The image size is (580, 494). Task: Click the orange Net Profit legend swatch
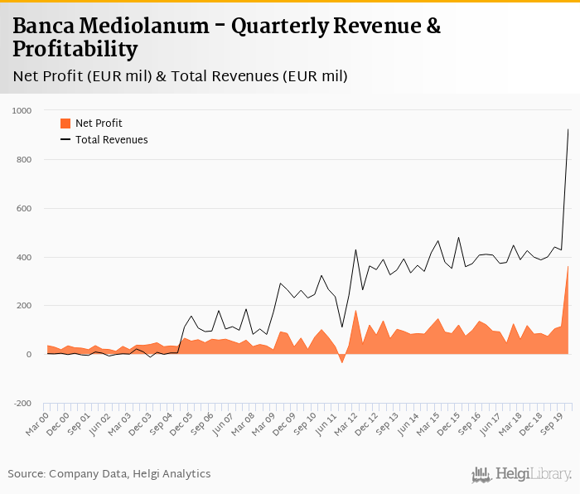65,123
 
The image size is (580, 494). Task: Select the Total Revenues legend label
112,140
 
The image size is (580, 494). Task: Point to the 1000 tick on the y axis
22,110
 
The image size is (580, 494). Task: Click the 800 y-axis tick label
24,159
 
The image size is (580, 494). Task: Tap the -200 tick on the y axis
22,404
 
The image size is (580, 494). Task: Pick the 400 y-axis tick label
24,257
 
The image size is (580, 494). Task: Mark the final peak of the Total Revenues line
568,129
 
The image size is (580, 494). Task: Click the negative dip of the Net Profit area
341,362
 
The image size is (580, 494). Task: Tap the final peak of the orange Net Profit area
568,266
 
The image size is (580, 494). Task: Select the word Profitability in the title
75,50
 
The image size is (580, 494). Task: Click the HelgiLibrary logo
522,474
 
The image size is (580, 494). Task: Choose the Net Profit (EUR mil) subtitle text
82,76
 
